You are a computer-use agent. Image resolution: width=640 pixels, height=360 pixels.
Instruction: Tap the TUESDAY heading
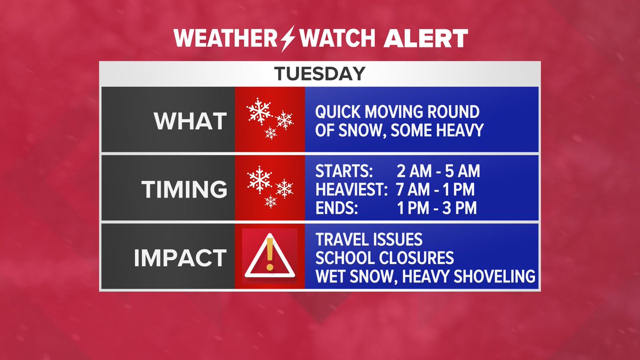pos(320,74)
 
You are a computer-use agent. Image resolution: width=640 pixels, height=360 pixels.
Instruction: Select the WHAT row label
pos(190,121)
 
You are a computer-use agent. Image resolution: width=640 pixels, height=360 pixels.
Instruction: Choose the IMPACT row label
pos(180,258)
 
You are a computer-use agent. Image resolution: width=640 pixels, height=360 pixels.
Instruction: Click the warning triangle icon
pos(270,257)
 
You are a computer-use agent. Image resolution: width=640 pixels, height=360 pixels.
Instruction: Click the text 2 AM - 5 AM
pos(438,171)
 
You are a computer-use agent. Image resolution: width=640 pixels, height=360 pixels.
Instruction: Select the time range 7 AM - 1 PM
pos(435,189)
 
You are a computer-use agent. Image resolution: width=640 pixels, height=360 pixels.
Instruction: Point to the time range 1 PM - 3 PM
pos(437,207)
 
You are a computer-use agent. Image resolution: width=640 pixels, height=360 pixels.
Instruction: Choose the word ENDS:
pos(336,207)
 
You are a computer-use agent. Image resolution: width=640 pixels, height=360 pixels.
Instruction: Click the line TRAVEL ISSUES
pos(369,239)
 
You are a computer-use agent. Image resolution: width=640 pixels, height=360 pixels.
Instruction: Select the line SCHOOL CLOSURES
pos(385,258)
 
